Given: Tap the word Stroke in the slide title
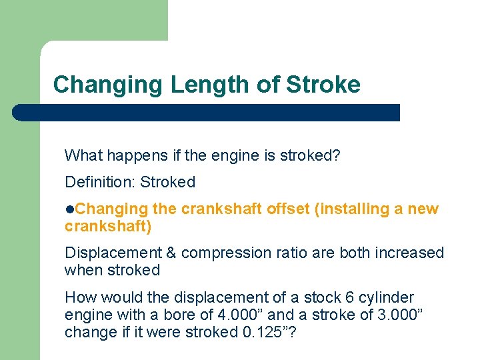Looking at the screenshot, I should coord(323,85).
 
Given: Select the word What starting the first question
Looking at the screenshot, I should coord(83,155).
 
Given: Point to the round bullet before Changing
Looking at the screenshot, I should coord(69,209).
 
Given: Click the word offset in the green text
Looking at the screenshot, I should coord(288,209).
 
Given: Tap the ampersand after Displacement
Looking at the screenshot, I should coord(171,253).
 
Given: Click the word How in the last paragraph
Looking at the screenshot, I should coord(79,297).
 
